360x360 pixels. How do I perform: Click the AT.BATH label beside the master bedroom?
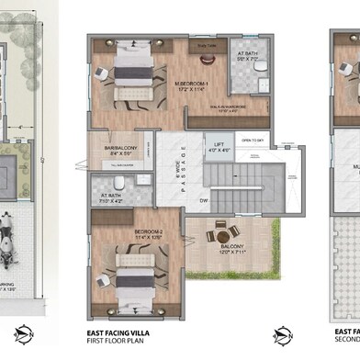pyautogui.click(x=247, y=54)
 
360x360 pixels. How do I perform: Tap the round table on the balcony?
pyautogui.click(x=220, y=232)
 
